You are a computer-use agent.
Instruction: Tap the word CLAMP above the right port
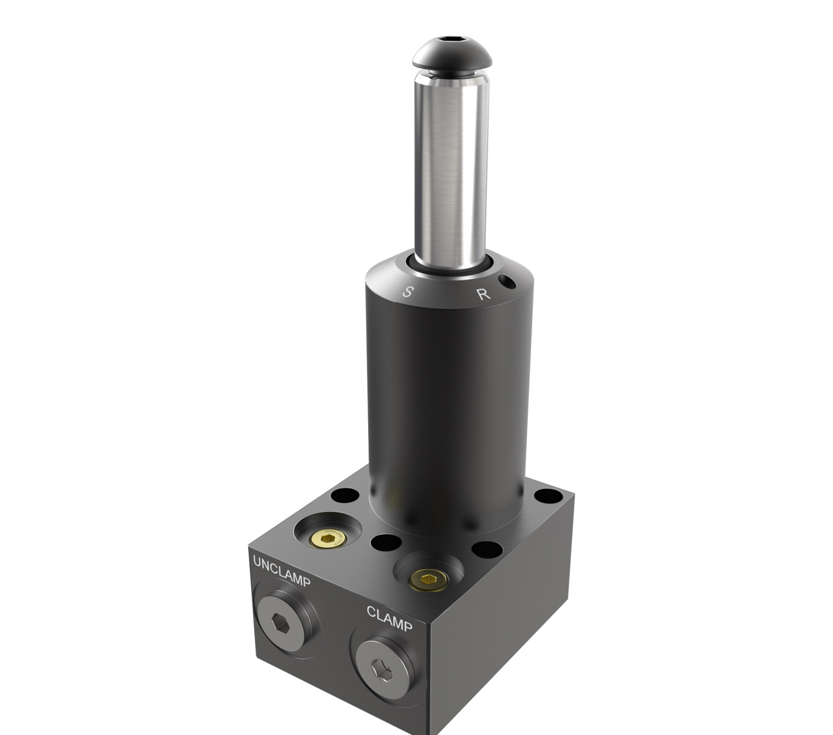[390, 618]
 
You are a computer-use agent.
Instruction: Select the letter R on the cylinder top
[484, 294]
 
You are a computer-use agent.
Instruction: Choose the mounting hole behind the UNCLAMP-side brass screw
[345, 494]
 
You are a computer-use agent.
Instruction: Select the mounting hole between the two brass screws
[385, 542]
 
